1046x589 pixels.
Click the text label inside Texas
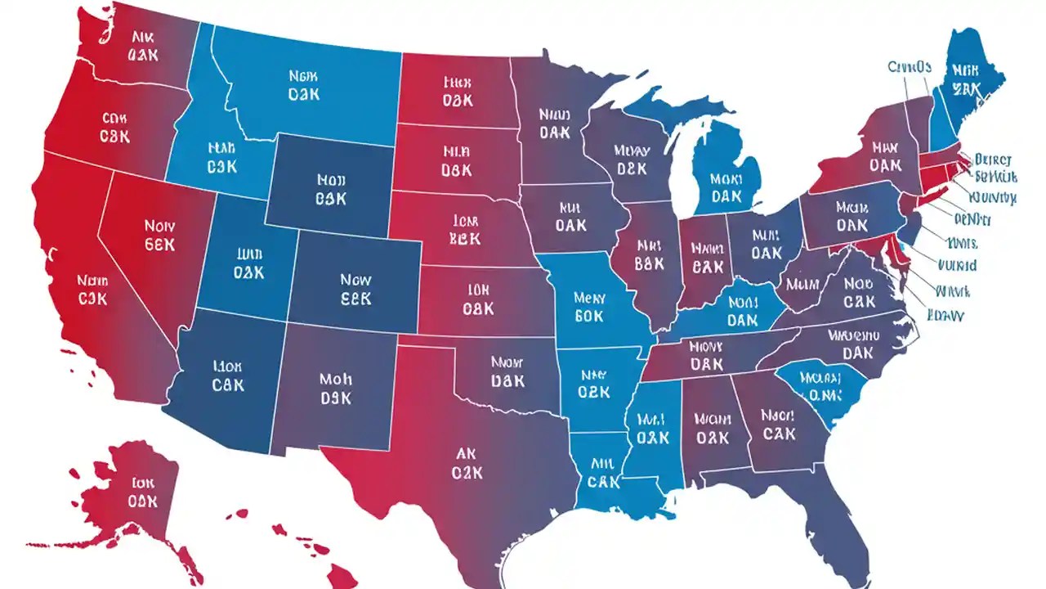(x=467, y=463)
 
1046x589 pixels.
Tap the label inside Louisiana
(x=603, y=474)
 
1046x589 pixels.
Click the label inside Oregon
(x=114, y=127)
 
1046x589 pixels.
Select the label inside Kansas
(x=478, y=299)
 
